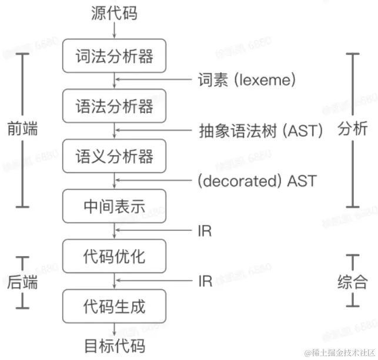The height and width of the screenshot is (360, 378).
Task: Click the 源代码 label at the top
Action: pyautogui.click(x=115, y=13)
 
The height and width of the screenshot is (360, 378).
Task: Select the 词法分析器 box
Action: pyautogui.click(x=115, y=56)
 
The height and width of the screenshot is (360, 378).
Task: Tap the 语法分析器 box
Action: pyautogui.click(x=115, y=106)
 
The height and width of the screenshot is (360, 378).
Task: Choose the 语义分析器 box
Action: pyautogui.click(x=115, y=156)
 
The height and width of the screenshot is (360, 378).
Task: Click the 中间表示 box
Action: pyautogui.click(x=115, y=207)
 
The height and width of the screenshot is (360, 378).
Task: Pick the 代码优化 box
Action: pyautogui.click(x=115, y=257)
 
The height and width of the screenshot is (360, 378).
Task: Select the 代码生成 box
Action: pyautogui.click(x=115, y=307)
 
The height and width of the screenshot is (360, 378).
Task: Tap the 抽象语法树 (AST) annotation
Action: pyautogui.click(x=261, y=131)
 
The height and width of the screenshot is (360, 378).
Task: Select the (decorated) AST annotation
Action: pyautogui.click(x=257, y=181)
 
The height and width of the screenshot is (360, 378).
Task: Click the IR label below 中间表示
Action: pyautogui.click(x=205, y=231)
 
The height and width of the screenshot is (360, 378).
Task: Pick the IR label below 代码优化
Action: pyautogui.click(x=205, y=281)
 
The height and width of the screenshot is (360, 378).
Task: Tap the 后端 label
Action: pyautogui.click(x=23, y=282)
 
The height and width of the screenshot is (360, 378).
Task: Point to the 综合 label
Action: pyautogui.click(x=353, y=282)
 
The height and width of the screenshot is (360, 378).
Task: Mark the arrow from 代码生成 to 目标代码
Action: pyautogui.click(x=115, y=329)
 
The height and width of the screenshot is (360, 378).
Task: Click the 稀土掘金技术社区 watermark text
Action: pyautogui.click(x=339, y=352)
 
